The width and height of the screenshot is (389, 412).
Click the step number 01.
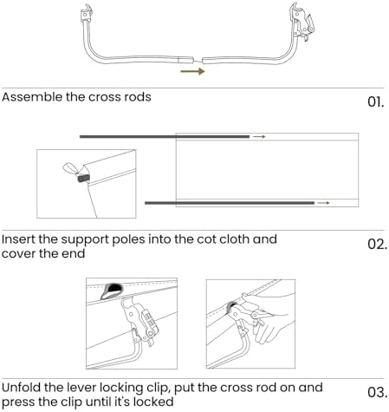pyautogui.click(x=376, y=102)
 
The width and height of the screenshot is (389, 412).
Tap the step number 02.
pyautogui.click(x=377, y=245)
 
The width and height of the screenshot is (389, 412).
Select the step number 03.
pyautogui.click(x=377, y=392)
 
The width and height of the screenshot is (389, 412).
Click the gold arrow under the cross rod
pyautogui.click(x=192, y=71)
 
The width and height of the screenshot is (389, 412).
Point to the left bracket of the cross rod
pyautogui.click(x=87, y=14)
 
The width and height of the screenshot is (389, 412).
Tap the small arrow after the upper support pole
pyautogui.click(x=259, y=136)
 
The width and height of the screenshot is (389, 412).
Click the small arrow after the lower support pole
pyautogui.click(x=323, y=203)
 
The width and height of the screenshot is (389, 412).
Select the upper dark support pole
pyautogui.click(x=165, y=136)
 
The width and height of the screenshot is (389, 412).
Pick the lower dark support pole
pyautogui.click(x=230, y=203)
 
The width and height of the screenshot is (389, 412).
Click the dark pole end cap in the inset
pyautogui.click(x=83, y=178)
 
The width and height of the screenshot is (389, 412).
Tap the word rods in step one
pyautogui.click(x=138, y=97)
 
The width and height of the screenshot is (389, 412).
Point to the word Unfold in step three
pyautogui.click(x=22, y=388)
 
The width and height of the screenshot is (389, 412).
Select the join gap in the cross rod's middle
pyautogui.click(x=198, y=60)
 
